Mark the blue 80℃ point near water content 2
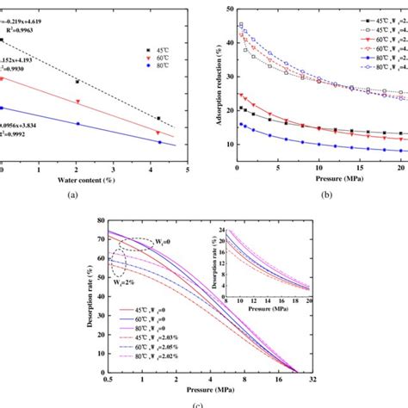pos(78,123)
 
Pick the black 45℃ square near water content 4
pos(158,118)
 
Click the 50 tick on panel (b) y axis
pos(226,8)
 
